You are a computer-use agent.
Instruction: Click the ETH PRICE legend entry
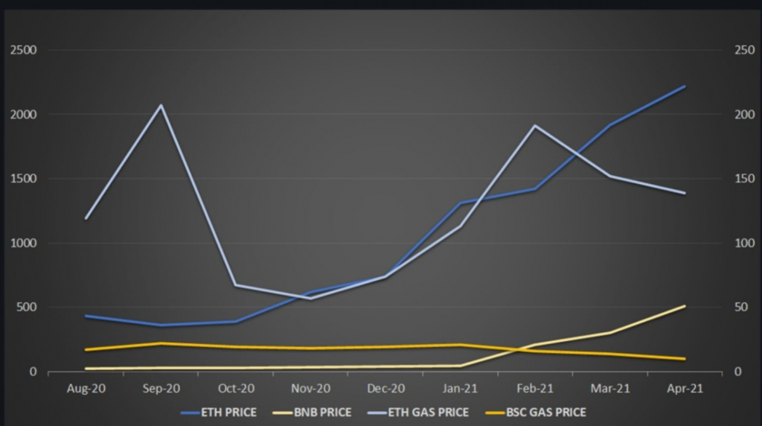219,413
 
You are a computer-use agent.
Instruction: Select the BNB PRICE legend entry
312,413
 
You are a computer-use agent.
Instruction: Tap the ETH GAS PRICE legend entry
418,413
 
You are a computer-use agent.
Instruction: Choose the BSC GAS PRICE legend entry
536,413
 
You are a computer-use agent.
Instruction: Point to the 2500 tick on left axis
23,50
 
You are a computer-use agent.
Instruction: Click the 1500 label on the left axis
23,179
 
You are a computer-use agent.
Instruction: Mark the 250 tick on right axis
744,50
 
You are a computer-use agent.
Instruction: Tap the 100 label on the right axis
744,243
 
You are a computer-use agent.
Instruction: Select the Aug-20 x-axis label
86,389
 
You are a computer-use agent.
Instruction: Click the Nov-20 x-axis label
310,389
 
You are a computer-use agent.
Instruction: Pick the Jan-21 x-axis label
460,389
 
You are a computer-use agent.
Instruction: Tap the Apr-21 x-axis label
685,389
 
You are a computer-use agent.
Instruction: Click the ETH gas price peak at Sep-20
161,105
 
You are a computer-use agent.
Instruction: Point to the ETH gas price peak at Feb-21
535,126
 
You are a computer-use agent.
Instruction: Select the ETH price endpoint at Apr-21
685,86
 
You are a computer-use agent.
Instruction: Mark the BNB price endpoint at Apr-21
685,306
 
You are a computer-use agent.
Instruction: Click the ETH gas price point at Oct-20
236,285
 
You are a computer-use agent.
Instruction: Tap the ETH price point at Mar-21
610,125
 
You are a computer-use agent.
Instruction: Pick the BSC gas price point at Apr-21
685,359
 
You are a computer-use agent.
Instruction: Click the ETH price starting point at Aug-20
86,316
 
